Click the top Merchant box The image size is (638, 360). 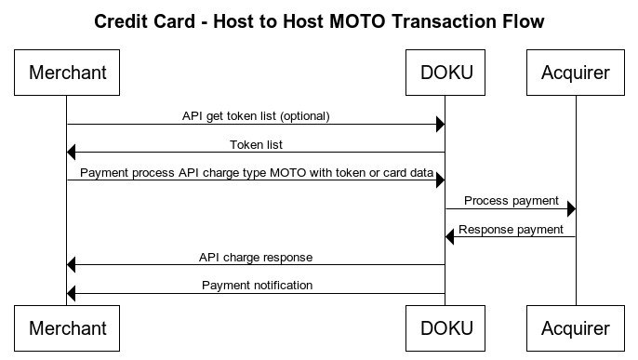(x=67, y=73)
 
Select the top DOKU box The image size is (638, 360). (x=445, y=73)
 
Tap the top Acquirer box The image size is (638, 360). (x=576, y=73)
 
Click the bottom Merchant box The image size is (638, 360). (x=67, y=328)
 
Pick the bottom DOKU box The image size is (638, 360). (x=445, y=328)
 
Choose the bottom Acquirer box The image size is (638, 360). (x=576, y=328)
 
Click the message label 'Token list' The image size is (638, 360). (x=256, y=144)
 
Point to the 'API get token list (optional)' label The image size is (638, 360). (x=256, y=116)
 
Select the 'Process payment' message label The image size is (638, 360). (x=511, y=200)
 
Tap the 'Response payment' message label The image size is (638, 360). (x=511, y=229)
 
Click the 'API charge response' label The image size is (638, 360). (x=256, y=257)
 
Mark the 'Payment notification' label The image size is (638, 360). (x=257, y=285)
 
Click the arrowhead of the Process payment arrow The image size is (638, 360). (x=571, y=209)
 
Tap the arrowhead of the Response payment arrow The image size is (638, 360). (x=450, y=237)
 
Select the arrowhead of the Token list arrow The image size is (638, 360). (x=72, y=153)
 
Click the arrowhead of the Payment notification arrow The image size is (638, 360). (x=72, y=294)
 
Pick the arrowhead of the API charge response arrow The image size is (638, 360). (x=72, y=266)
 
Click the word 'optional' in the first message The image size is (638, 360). (x=305, y=116)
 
